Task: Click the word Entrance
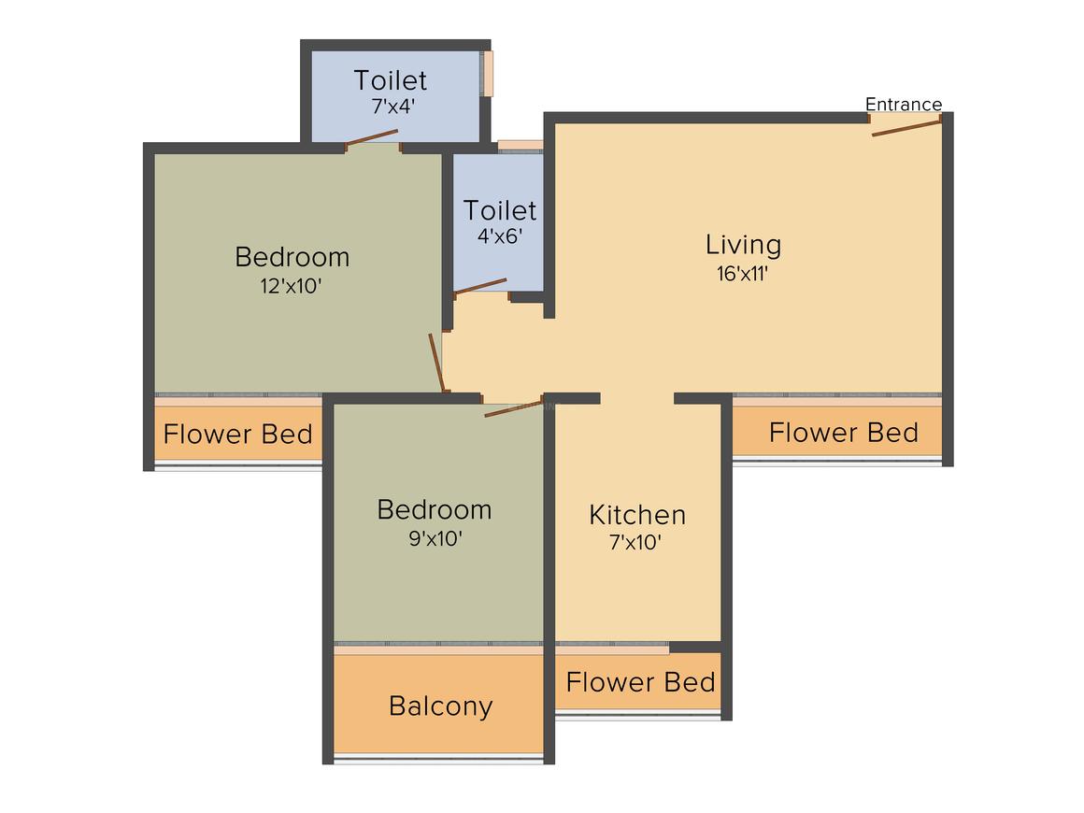[903, 104]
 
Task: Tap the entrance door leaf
[906, 126]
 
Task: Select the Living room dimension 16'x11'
[743, 274]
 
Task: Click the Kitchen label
[637, 515]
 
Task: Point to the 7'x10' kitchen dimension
[636, 543]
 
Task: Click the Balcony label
[440, 706]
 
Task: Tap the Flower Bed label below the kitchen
[640, 681]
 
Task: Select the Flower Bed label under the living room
[843, 433]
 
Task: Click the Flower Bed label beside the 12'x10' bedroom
[237, 435]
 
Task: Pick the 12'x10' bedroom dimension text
[292, 286]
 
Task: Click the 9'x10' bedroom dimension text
[435, 538]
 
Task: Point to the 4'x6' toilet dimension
[500, 236]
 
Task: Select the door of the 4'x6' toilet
[480, 286]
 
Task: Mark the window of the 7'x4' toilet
[488, 74]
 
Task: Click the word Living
[743, 245]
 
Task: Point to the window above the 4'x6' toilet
[520, 145]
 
